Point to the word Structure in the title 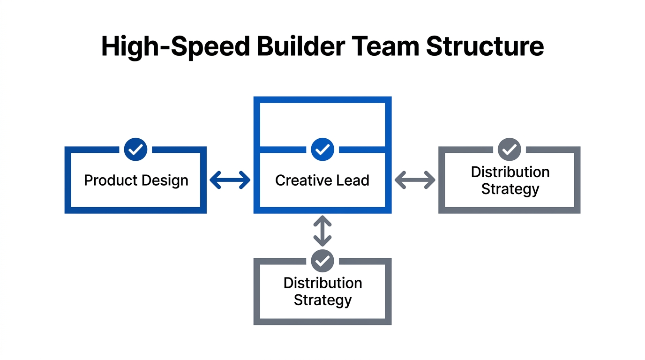point(485,46)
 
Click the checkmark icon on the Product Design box point(136,150)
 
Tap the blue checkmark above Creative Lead point(322,150)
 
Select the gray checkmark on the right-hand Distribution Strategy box point(509,150)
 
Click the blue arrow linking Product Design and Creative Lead point(230,180)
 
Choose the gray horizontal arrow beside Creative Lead point(415,180)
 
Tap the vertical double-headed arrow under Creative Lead point(322,231)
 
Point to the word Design point(165,181)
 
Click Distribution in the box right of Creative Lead point(510,172)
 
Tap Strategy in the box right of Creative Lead point(510,189)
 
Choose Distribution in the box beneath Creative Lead point(322,283)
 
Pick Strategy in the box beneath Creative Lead point(322,300)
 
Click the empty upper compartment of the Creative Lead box point(322,124)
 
